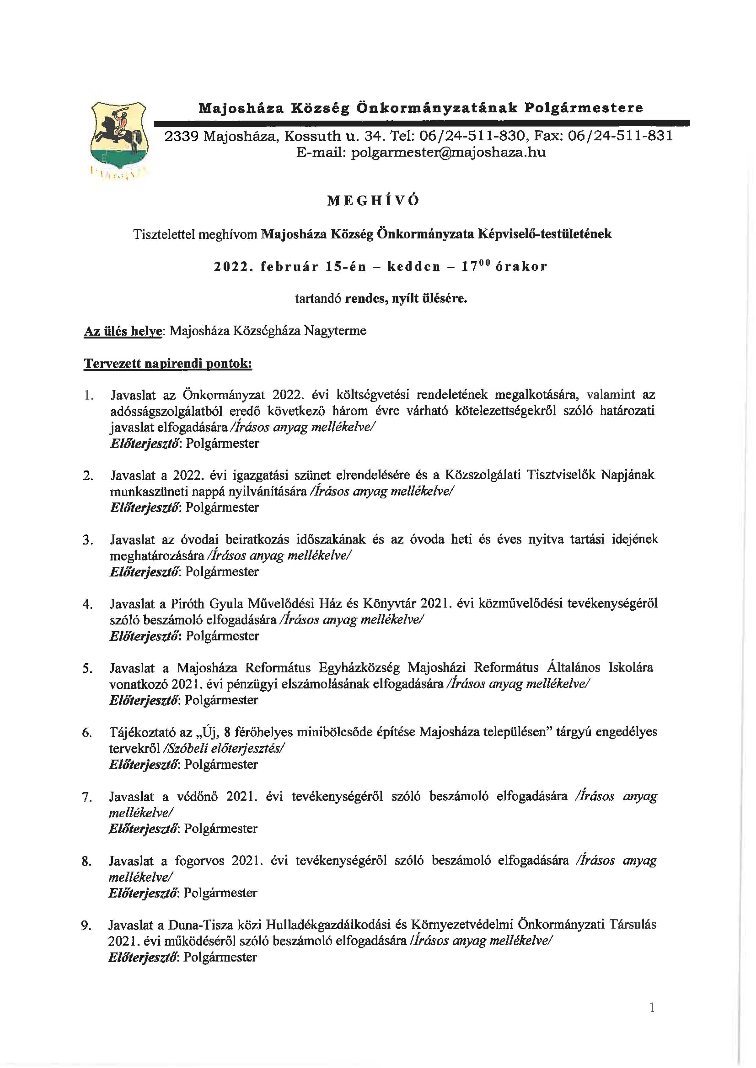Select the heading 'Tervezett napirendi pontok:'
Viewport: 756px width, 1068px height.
click(x=168, y=364)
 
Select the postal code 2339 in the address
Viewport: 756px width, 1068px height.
click(x=182, y=136)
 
